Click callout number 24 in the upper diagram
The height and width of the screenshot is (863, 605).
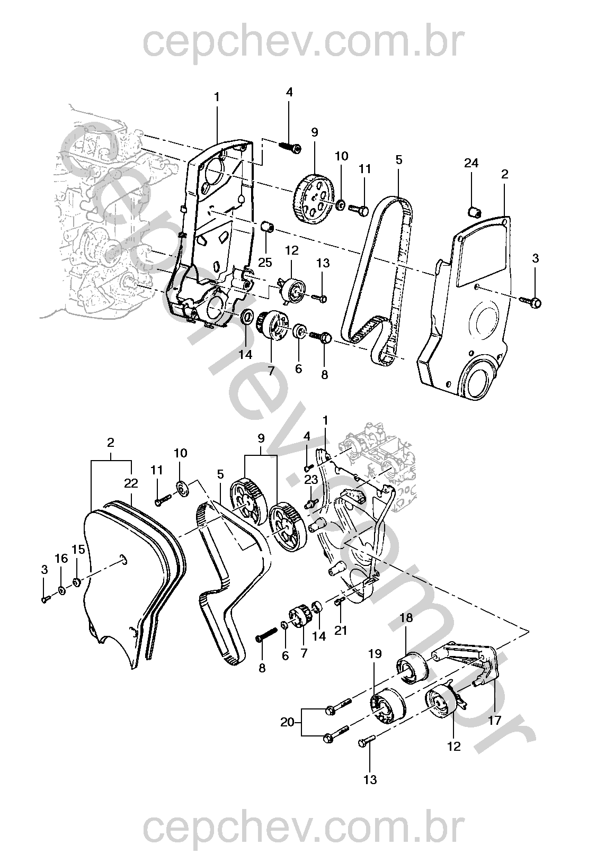pyautogui.click(x=471, y=163)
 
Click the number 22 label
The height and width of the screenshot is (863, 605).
pyautogui.click(x=131, y=483)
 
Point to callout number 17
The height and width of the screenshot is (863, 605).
pyautogui.click(x=494, y=721)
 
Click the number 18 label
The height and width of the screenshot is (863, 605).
pyautogui.click(x=406, y=618)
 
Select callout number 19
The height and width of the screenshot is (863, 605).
pyautogui.click(x=375, y=654)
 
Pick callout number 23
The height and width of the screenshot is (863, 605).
pyautogui.click(x=311, y=480)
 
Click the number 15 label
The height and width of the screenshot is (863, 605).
pyautogui.click(x=78, y=550)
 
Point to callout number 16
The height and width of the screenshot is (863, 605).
pyautogui.click(x=61, y=558)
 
